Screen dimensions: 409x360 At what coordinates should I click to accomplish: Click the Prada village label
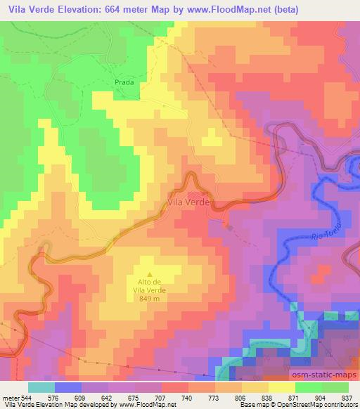point(124,82)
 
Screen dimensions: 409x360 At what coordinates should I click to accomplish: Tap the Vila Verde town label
point(188,202)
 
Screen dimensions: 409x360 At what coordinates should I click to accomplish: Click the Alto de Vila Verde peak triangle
point(148,275)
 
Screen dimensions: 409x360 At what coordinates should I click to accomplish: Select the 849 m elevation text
point(148,299)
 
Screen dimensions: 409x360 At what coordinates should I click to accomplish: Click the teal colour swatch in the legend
point(41,387)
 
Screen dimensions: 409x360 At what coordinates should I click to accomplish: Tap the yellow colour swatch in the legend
point(282,387)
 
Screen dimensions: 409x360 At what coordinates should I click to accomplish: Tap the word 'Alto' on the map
point(136,284)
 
